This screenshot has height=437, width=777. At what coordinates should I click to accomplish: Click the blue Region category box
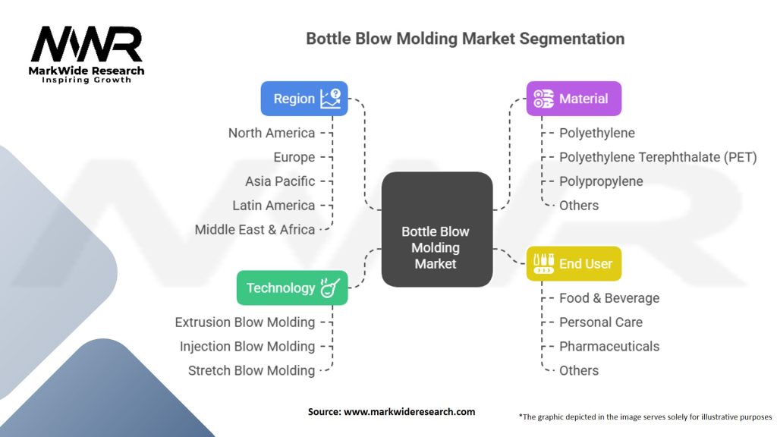[x=304, y=99]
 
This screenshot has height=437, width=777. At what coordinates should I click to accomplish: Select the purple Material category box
[x=574, y=99]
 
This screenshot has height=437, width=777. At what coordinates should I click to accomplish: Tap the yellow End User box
[x=574, y=263]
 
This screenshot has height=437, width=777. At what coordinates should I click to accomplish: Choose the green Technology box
[x=292, y=288]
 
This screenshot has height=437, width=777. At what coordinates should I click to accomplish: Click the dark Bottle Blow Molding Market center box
[x=437, y=229]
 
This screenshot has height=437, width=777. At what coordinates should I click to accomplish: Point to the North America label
[x=272, y=133]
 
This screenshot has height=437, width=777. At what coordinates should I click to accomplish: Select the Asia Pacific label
[x=280, y=181]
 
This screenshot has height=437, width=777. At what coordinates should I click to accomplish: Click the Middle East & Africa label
[x=255, y=229]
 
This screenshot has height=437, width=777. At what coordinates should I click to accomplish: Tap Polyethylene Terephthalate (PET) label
[x=658, y=157]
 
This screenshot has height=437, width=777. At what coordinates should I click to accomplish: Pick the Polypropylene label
[x=601, y=181]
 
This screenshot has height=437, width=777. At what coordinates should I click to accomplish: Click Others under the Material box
[x=579, y=205]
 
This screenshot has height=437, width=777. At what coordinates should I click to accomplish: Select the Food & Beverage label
[x=609, y=297]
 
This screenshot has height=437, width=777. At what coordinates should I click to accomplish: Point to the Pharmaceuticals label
[x=609, y=346]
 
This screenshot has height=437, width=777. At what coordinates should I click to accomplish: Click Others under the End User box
[x=579, y=370]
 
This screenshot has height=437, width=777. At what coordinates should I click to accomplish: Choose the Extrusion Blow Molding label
[x=245, y=322]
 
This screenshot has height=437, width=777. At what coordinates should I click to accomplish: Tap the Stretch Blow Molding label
[x=252, y=370]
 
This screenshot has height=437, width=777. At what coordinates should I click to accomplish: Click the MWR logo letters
[x=87, y=45]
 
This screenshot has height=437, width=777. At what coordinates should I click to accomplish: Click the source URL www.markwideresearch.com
[x=409, y=412]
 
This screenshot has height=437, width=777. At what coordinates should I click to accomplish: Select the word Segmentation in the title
[x=572, y=39]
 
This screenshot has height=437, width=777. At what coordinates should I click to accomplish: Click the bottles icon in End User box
[x=543, y=263]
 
